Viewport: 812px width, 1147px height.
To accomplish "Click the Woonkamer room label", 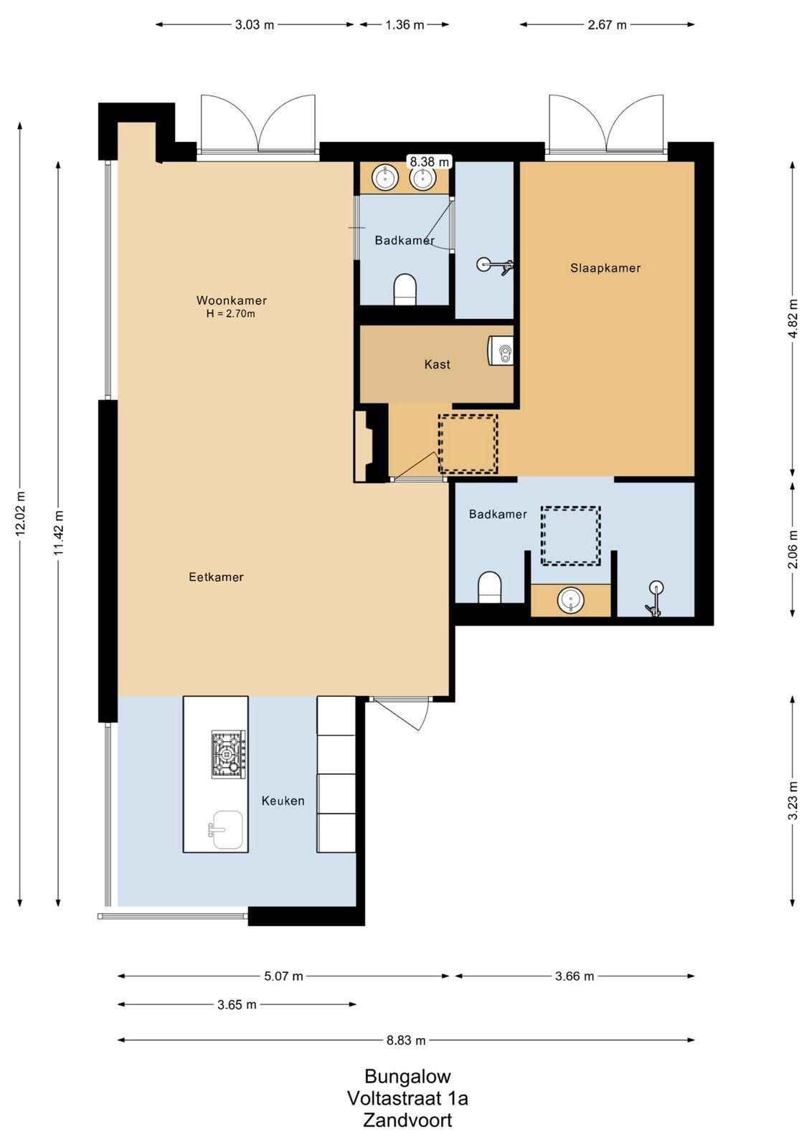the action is pos(232,300).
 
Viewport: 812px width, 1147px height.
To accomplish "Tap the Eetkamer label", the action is pos(216,577).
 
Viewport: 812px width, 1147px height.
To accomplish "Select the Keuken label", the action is pos(283,800).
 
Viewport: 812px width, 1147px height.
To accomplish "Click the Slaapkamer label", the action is pos(605,268).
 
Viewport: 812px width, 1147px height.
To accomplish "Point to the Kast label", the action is pos(437,364).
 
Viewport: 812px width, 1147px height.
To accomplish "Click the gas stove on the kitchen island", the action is pos(229,754).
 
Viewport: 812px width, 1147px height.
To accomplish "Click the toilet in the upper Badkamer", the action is pos(405,290).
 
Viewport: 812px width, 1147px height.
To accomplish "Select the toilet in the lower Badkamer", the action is pos(489,587).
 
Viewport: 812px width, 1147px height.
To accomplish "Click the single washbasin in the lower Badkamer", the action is pos(571,599).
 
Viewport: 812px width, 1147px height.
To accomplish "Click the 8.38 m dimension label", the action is pos(429,162).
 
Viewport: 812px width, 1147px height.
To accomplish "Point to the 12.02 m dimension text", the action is pos(20,513).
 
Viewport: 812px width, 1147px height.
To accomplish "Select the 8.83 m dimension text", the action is pos(406,1040).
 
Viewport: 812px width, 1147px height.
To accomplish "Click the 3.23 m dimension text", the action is pos(793,801).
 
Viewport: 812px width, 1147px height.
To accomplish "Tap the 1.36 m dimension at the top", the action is pos(405,24).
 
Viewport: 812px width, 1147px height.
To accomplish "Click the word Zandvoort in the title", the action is pos(407,1120).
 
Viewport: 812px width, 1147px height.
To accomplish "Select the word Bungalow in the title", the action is pos(407,1076).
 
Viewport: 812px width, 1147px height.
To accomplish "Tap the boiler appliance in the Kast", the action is pos(501,351).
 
